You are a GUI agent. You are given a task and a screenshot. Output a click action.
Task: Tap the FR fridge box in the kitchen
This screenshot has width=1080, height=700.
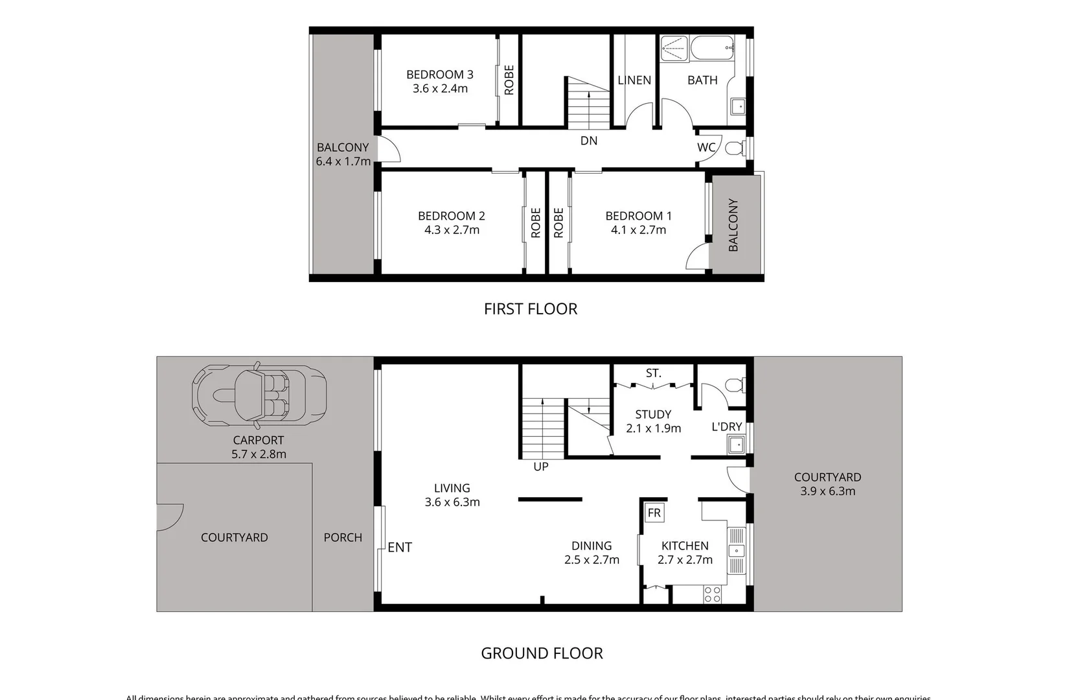point(654,513)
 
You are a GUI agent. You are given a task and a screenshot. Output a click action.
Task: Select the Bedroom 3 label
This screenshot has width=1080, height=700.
point(440,75)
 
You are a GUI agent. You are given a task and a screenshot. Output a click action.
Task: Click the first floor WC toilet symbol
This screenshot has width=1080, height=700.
point(735,148)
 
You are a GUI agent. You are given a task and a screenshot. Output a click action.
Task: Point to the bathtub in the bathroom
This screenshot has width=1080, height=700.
point(712,47)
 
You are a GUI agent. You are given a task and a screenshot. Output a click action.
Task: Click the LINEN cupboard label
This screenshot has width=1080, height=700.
point(634,80)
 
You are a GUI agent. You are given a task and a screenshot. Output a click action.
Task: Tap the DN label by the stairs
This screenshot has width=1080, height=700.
point(589,141)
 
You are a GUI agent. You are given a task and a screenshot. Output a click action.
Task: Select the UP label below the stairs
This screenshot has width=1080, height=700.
point(541,467)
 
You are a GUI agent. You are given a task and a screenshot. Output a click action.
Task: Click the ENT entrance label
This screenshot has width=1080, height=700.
point(400,547)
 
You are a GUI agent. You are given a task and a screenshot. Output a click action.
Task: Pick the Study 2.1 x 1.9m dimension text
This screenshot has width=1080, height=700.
point(653,428)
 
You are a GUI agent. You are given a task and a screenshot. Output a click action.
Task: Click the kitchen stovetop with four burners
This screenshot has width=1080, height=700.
point(712,594)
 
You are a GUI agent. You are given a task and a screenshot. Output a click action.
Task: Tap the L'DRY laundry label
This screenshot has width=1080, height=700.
point(726,426)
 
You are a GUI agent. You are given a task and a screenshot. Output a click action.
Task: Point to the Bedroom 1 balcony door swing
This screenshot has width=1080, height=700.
point(696,257)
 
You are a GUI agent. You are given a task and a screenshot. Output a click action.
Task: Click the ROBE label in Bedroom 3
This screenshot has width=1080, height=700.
point(509,80)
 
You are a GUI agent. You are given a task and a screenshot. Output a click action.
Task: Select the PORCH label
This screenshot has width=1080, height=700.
point(343,537)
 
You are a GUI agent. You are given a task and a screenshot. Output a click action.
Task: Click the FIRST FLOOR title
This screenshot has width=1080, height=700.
point(531,309)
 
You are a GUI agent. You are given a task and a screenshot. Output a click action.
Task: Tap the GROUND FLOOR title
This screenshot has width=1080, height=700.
point(542,653)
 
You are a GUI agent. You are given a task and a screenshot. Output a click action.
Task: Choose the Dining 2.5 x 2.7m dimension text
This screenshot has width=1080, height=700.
point(592,560)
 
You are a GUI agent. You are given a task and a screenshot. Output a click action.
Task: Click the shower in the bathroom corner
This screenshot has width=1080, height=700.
point(674,49)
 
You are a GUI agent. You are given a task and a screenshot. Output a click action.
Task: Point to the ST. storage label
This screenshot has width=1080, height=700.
point(653,373)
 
